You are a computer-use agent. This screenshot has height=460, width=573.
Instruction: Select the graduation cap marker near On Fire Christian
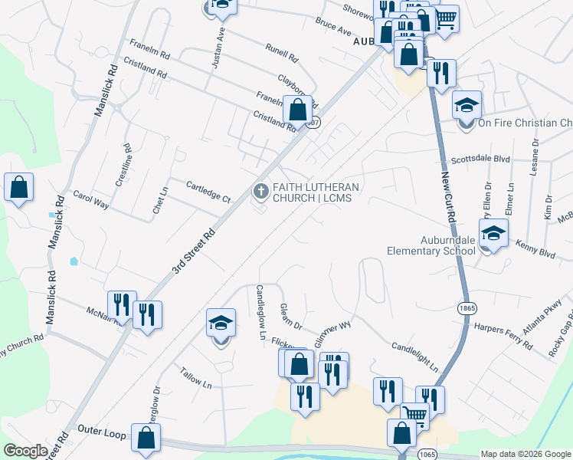point(467,105)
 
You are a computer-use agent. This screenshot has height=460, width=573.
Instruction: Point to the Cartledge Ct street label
point(208,192)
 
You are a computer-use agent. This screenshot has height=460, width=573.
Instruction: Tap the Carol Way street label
point(90,200)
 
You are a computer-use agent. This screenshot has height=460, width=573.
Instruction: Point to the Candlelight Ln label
point(414,357)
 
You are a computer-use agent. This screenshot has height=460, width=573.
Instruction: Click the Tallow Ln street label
point(195,377)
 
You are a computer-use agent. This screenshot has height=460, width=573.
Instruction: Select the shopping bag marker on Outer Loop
point(146,438)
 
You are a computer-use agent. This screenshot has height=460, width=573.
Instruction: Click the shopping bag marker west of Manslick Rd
point(18,186)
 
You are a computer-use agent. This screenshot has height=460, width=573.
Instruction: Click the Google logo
point(25,451)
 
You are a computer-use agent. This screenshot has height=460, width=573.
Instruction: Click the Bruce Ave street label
point(333,28)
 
